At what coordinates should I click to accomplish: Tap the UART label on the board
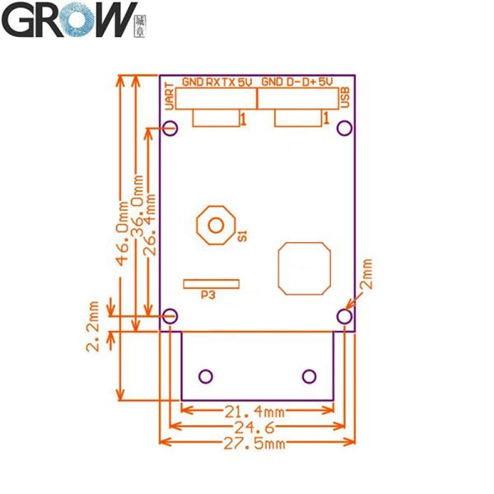(169, 96)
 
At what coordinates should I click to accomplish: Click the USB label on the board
(346, 96)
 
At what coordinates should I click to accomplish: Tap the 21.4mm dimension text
(257, 411)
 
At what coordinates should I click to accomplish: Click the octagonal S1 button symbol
(217, 224)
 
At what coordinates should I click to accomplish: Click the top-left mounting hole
(171, 128)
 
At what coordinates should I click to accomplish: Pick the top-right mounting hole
(345, 128)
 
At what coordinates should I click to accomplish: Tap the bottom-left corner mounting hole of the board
(170, 315)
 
